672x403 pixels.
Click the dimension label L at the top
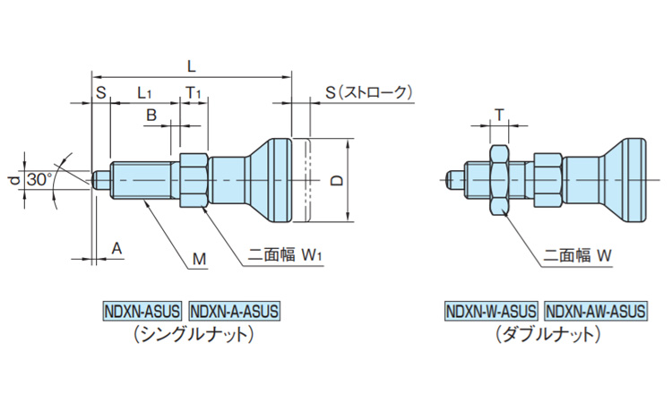click(191, 65)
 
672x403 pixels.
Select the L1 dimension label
click(145, 92)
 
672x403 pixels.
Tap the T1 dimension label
click(194, 92)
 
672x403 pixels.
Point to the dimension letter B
click(151, 115)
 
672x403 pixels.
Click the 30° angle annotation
click(39, 179)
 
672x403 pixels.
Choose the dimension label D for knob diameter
click(335, 180)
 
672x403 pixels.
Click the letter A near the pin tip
click(116, 248)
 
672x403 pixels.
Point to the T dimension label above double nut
click(499, 114)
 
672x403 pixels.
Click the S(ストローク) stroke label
click(368, 91)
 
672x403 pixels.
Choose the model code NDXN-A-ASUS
click(235, 312)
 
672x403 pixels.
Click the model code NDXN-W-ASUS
click(491, 312)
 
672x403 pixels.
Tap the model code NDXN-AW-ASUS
click(594, 312)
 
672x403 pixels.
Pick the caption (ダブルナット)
click(546, 335)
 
